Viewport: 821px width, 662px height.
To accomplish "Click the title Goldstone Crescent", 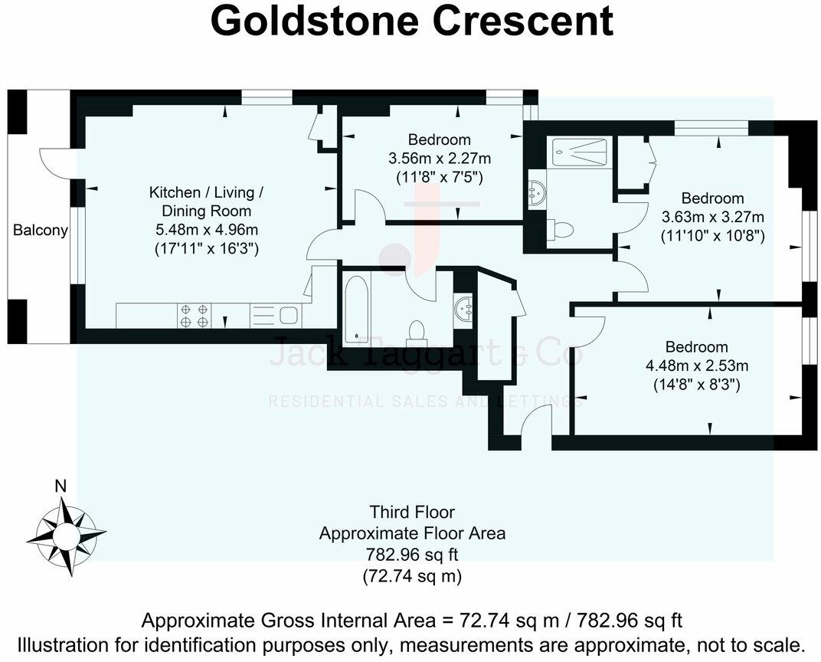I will tap(411, 22).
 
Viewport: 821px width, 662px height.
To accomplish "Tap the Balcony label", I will tap(41, 230).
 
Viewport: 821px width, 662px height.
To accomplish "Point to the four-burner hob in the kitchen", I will tap(194, 316).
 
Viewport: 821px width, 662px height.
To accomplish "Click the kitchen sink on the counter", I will tap(288, 315).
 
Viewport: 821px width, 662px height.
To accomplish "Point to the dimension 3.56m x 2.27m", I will tap(439, 159).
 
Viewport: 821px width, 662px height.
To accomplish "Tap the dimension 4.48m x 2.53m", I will tap(696, 365).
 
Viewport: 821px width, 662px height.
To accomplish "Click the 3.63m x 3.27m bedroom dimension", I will tap(712, 217).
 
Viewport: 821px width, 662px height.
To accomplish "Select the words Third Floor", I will tap(411, 512).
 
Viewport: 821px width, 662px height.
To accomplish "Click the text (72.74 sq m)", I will tap(411, 575).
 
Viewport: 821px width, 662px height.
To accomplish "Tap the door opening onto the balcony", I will tap(55, 163).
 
